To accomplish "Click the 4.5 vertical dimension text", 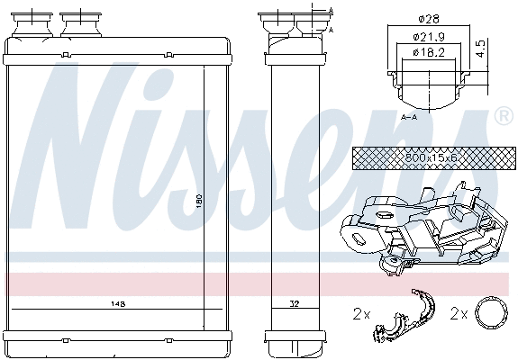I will (x=480, y=48).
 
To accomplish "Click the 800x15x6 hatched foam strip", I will (x=419, y=157).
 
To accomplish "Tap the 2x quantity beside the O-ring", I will (x=459, y=315).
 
